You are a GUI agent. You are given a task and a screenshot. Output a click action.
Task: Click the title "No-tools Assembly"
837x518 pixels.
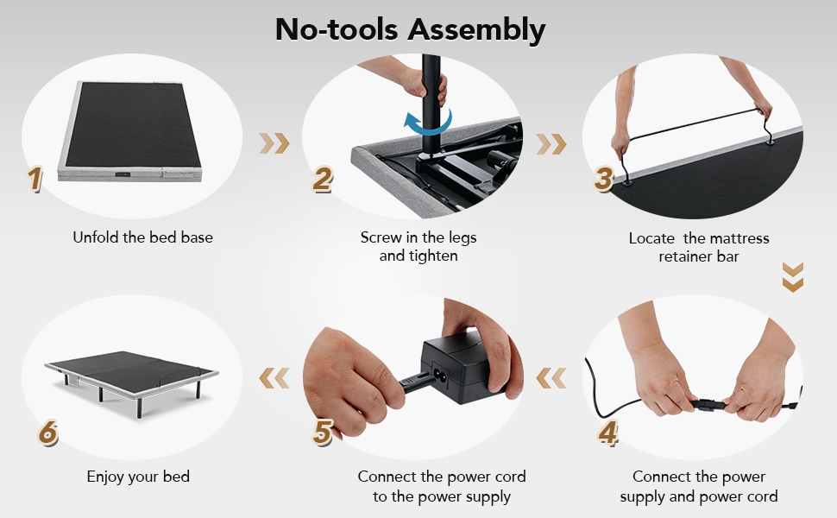[x=410, y=29]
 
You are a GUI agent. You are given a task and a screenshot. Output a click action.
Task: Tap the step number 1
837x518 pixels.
[x=35, y=179]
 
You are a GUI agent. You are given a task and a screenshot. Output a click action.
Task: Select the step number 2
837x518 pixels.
[x=323, y=179]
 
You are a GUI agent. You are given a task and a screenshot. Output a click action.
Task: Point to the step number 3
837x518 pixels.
[x=604, y=179]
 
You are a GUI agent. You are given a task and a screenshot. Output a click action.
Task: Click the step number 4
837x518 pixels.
[x=608, y=432]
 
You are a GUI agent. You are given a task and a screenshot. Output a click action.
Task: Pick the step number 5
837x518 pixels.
[x=323, y=432]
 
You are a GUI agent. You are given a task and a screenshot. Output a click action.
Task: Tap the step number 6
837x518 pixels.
[x=47, y=432]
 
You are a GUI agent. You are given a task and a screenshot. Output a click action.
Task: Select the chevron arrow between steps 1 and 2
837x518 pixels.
[x=274, y=143]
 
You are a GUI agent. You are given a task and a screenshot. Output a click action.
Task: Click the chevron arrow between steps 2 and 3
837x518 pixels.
[x=551, y=143]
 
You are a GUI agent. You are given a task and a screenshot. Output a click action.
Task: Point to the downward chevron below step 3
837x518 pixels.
[x=793, y=276]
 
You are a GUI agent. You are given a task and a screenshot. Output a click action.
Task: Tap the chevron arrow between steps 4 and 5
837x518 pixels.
[x=551, y=378]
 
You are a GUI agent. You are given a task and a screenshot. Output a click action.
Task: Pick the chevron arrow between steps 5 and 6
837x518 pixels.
[x=274, y=378]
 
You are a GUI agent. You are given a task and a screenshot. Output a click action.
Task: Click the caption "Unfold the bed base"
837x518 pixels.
[x=142, y=237]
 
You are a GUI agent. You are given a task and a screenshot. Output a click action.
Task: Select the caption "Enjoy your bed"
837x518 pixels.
[x=138, y=477]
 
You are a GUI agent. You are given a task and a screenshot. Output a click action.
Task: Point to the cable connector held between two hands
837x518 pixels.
[x=709, y=404]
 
